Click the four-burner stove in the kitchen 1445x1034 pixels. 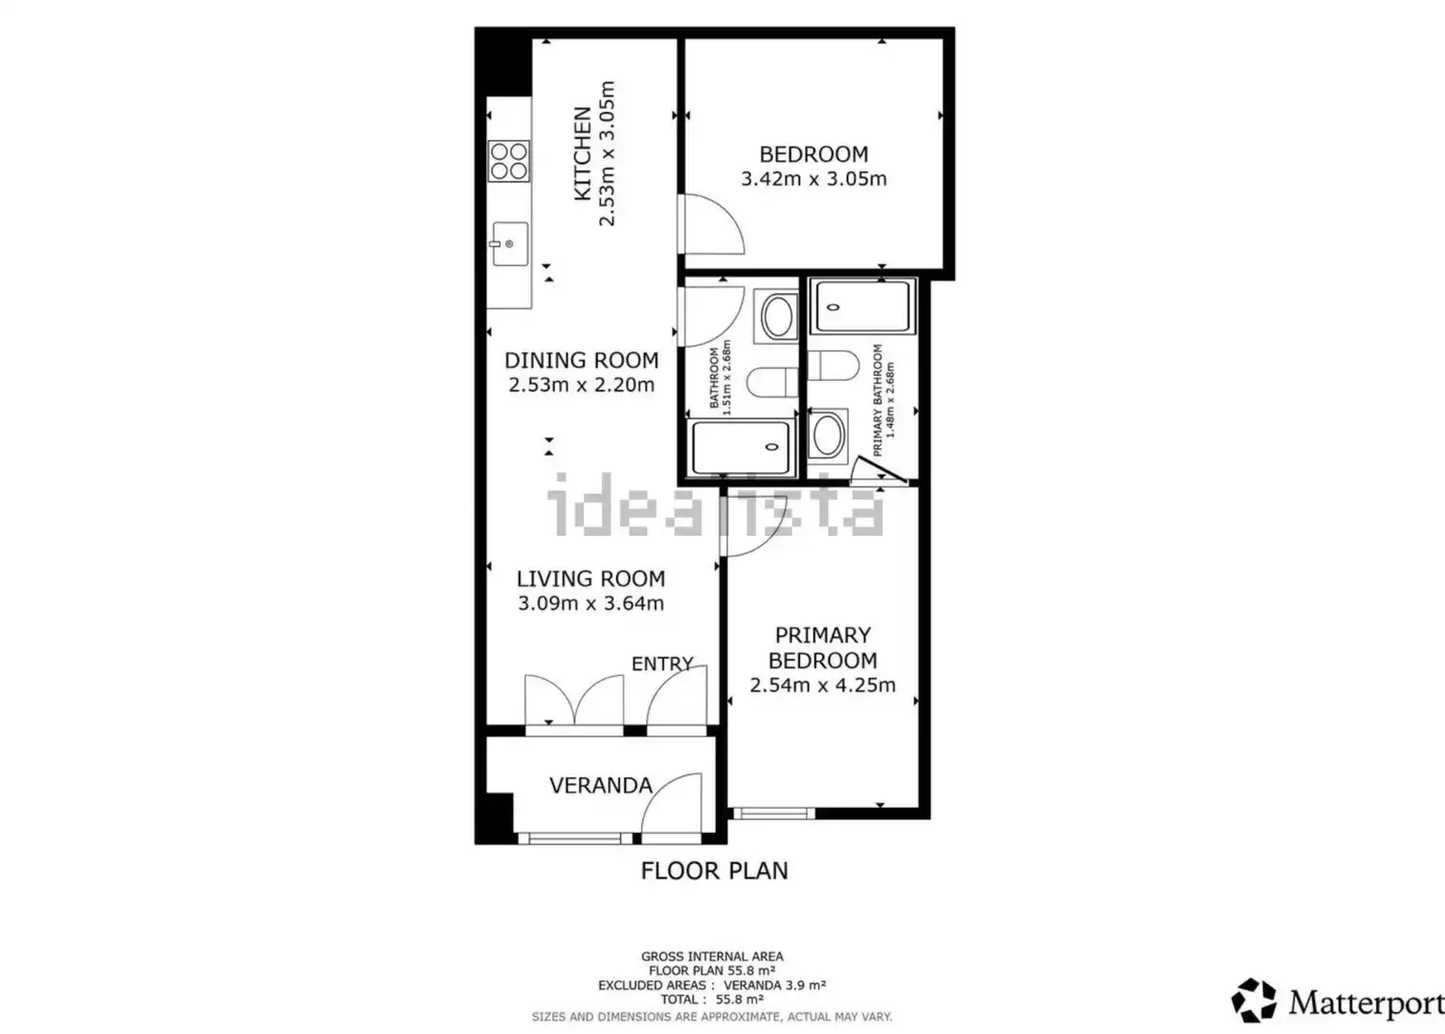click(x=509, y=161)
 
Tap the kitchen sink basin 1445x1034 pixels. click(x=510, y=243)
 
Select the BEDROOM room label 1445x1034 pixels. click(x=813, y=154)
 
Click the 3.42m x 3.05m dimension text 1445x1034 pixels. click(x=813, y=179)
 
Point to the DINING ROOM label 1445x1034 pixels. click(x=581, y=360)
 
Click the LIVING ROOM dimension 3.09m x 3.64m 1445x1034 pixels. click(x=590, y=603)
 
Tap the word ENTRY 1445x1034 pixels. click(x=662, y=663)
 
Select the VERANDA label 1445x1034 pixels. click(x=601, y=785)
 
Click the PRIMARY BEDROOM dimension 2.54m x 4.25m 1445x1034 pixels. click(x=822, y=685)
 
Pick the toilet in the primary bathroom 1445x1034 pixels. click(x=834, y=366)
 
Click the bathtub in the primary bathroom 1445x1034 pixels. click(x=862, y=306)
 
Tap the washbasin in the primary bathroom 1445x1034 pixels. click(x=828, y=435)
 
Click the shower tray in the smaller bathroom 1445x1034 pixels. click(x=741, y=447)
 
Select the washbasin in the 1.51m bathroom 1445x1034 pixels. click(x=777, y=316)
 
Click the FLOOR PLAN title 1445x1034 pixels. click(x=714, y=870)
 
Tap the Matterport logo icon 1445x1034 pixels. click(x=1254, y=1001)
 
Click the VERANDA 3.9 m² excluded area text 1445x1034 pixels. click(x=775, y=985)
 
